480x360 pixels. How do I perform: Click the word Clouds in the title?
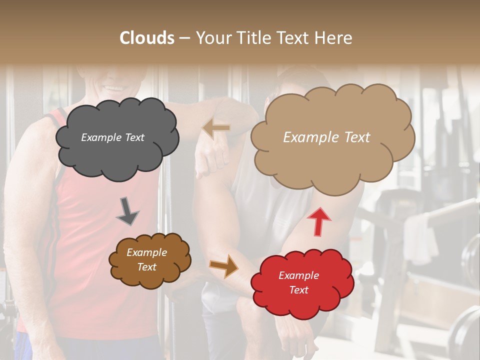(147, 38)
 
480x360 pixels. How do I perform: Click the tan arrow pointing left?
(216, 128)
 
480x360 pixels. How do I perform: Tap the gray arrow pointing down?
(127, 210)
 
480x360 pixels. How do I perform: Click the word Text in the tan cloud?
(353, 137)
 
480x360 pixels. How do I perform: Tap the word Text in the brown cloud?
(147, 267)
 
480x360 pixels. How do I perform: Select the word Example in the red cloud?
(298, 275)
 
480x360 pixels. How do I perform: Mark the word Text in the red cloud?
(298, 290)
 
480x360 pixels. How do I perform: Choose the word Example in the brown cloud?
(147, 252)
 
